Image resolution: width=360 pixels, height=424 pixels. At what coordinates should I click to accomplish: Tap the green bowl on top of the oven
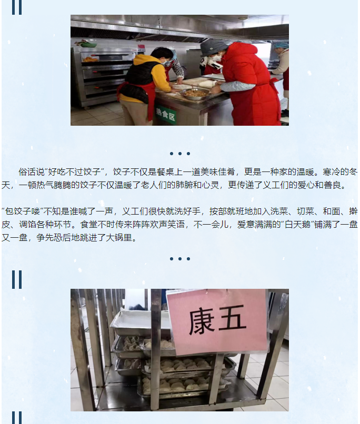pyautogui.click(x=88, y=44)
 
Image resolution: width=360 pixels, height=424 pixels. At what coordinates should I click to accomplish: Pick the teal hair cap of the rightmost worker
pyautogui.click(x=281, y=45)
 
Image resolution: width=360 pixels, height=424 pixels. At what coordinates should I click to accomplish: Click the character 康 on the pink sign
pyautogui.click(x=202, y=322)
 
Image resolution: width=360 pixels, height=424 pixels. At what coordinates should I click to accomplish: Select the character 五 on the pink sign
pyautogui.click(x=232, y=318)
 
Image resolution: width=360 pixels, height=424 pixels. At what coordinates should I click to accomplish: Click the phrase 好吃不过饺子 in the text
pyautogui.click(x=74, y=171)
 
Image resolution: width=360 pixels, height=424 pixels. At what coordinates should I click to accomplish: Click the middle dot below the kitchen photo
pyautogui.click(x=179, y=154)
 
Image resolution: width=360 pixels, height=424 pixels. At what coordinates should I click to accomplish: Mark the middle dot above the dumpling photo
pyautogui.click(x=179, y=259)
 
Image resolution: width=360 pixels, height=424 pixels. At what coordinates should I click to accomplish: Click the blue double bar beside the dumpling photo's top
pyautogui.click(x=17, y=280)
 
